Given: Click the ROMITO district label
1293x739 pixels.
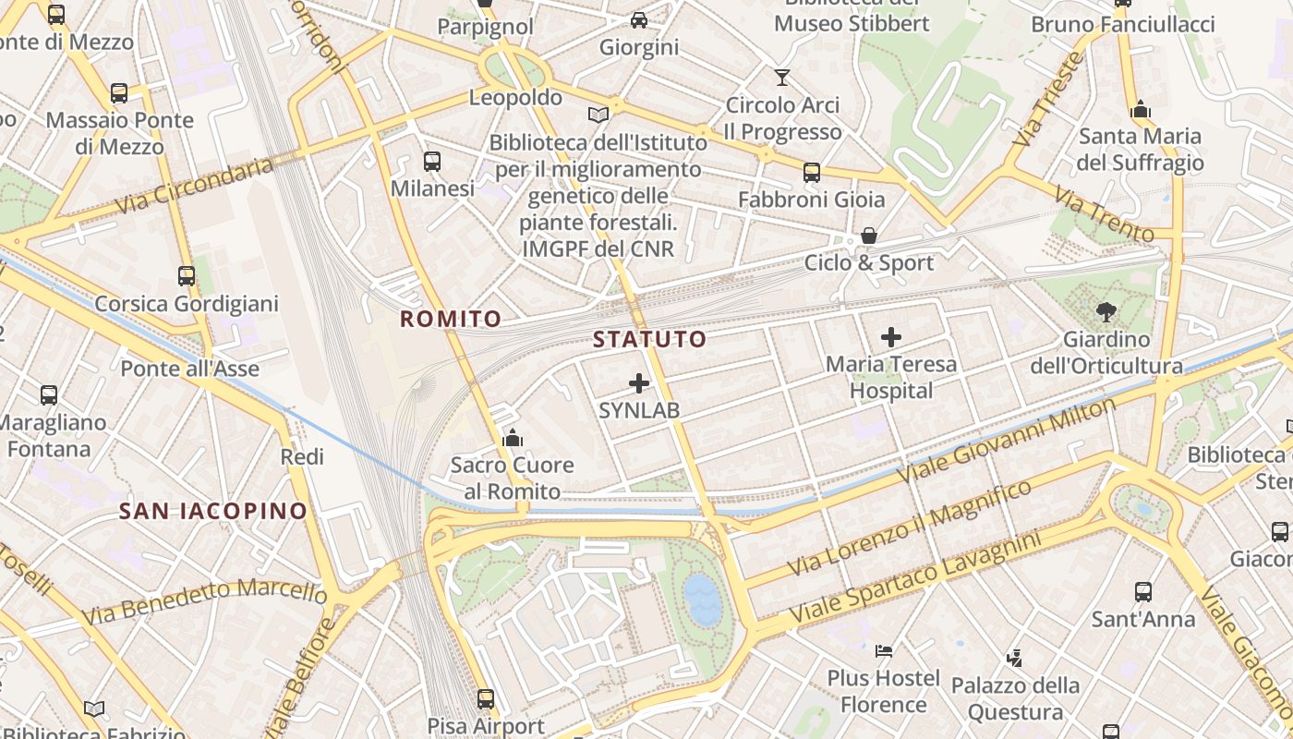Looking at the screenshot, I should click(x=451, y=320).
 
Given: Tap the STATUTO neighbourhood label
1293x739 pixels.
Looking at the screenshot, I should click(x=649, y=339).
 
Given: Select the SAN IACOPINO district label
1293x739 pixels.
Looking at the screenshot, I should click(x=212, y=511).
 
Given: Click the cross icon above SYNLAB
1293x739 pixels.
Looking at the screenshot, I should click(x=639, y=383).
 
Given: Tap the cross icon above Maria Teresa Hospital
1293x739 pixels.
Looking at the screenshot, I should click(x=891, y=337).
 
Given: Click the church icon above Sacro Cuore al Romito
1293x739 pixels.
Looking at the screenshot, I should click(x=513, y=438).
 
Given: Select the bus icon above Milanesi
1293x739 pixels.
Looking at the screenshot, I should click(x=432, y=162).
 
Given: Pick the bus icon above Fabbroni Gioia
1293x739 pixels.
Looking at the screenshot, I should click(x=812, y=173).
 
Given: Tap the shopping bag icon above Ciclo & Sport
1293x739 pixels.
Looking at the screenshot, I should click(x=868, y=236).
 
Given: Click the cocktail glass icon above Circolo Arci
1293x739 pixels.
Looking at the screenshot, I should click(x=782, y=78).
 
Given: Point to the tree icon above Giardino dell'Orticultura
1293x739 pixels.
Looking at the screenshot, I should click(x=1106, y=312).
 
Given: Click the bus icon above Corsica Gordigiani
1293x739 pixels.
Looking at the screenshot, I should click(x=187, y=276).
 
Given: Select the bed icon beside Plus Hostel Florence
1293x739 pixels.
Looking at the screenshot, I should click(x=884, y=650).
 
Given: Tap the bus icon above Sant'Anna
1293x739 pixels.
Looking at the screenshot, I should click(x=1143, y=592).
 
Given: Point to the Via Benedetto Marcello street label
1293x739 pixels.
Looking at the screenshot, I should click(x=203, y=600).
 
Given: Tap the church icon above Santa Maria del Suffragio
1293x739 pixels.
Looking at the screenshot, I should click(x=1141, y=109).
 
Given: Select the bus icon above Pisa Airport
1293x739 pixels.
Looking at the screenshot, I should click(x=486, y=699).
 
